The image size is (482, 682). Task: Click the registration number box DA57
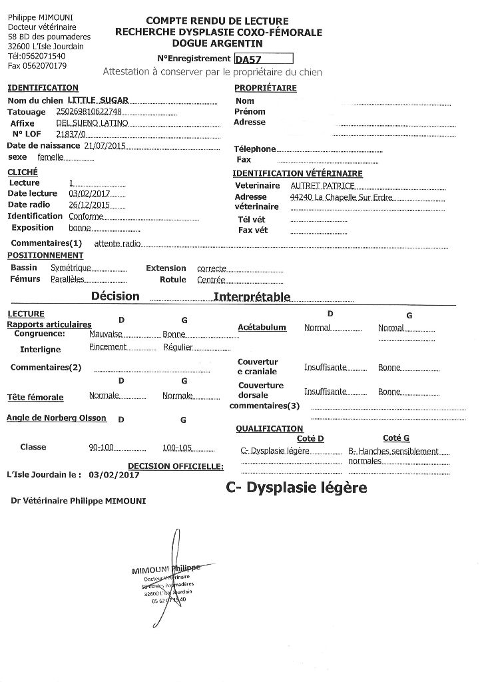pyautogui.click(x=264, y=59)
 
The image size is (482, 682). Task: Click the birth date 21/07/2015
pyautogui.click(x=105, y=146)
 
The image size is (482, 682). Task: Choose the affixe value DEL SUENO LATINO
pyautogui.click(x=92, y=123)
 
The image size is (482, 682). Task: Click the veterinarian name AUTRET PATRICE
pyautogui.click(x=322, y=185)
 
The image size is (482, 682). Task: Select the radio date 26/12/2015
pyautogui.click(x=89, y=205)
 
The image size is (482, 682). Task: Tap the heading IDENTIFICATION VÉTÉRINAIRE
pyautogui.click(x=298, y=173)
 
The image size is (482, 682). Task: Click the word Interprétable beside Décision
pyautogui.click(x=252, y=296)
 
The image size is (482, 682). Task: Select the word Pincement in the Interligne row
pyautogui.click(x=108, y=348)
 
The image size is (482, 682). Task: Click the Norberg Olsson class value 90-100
pyautogui.click(x=102, y=447)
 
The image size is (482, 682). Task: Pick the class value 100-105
pyautogui.click(x=176, y=447)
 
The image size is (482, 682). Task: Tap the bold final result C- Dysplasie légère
pyautogui.click(x=296, y=488)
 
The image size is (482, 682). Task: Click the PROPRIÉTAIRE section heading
pyautogui.click(x=265, y=88)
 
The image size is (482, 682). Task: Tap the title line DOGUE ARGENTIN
pyautogui.click(x=217, y=43)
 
